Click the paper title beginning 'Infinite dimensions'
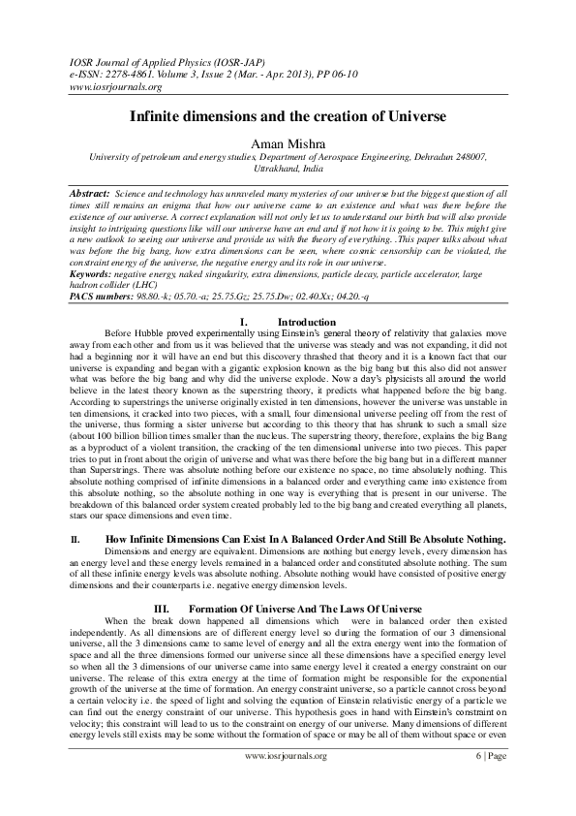tap(288, 115)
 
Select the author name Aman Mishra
tap(288, 141)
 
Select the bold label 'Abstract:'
tap(89, 195)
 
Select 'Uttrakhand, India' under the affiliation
tap(288, 167)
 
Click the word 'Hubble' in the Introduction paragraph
tap(161, 333)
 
